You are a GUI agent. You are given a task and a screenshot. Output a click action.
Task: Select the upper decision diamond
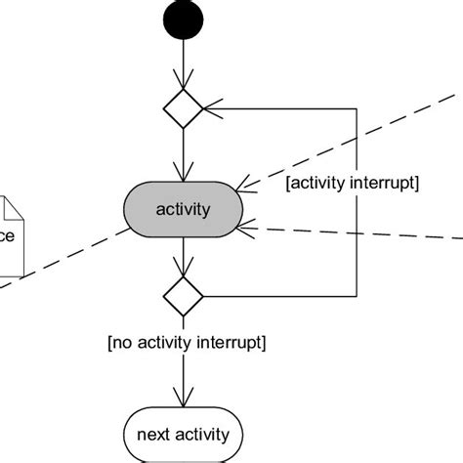183,108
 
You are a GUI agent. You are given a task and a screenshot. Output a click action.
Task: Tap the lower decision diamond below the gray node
183,295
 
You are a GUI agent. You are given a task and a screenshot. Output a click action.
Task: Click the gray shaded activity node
183,209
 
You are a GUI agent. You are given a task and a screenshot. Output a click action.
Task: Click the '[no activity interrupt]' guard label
188,342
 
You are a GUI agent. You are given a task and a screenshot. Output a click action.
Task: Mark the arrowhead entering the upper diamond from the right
209,108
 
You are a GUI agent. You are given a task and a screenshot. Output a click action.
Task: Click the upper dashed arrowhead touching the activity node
248,186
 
